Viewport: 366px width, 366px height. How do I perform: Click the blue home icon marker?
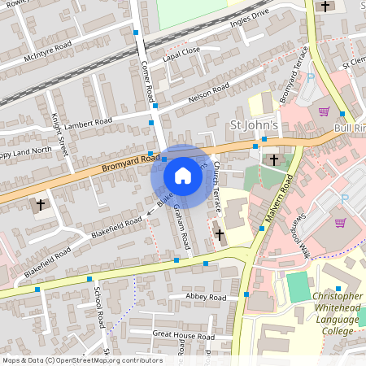(183, 176)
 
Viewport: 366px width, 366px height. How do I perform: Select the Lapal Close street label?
(181, 54)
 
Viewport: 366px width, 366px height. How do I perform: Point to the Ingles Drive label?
(249, 17)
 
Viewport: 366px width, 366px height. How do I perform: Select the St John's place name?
(255, 126)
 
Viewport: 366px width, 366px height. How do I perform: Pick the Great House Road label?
(182, 335)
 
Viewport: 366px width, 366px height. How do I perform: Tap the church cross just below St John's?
(274, 159)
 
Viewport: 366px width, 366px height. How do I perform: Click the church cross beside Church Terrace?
(220, 235)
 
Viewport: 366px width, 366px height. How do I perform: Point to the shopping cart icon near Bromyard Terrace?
(324, 111)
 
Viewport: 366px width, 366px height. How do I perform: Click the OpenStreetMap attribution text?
(81, 359)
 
